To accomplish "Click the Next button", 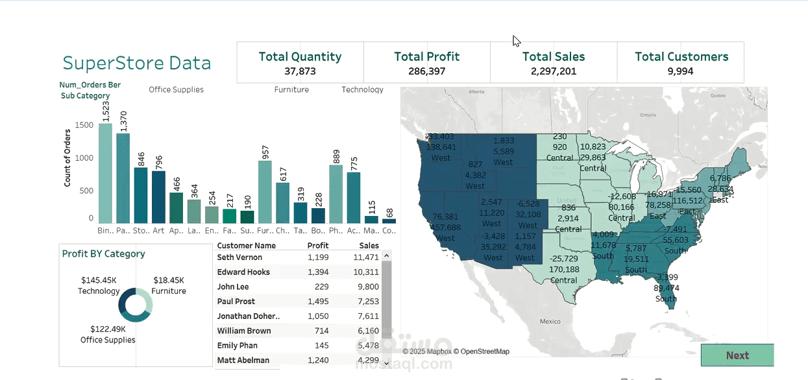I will (x=737, y=355).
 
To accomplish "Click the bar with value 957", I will (x=264, y=192).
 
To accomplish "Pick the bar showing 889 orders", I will (x=336, y=195).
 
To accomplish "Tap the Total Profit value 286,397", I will (x=426, y=71).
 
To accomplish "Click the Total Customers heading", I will (x=681, y=57).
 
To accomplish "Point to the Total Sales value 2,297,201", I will (x=553, y=71).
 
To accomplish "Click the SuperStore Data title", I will (x=136, y=64).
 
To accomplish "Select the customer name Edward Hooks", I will (x=243, y=272).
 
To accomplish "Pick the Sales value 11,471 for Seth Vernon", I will (x=367, y=257).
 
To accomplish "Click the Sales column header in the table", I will (x=369, y=246).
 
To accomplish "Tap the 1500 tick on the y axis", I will (x=84, y=125).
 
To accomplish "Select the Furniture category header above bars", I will (x=291, y=90).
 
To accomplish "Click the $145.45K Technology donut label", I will (x=99, y=286).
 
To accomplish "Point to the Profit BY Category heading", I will (x=103, y=254).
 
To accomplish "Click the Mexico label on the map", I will (x=550, y=322).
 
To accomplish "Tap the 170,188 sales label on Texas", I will (x=563, y=270).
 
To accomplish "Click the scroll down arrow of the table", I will (x=386, y=363).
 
